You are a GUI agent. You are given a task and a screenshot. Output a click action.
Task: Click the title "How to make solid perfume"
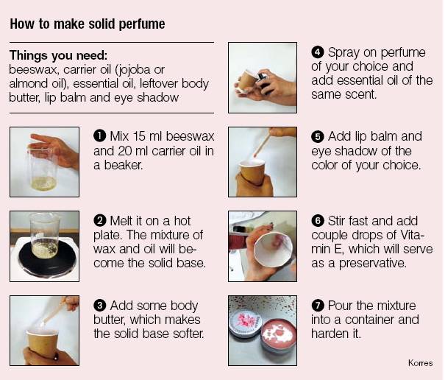click(x=88, y=24)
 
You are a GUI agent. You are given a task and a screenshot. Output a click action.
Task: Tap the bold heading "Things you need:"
click(x=58, y=55)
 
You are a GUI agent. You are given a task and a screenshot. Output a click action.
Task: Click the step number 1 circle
click(x=99, y=136)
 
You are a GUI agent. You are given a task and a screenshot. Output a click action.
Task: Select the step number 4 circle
click(x=318, y=52)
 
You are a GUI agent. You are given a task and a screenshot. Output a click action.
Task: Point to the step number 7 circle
click(x=318, y=306)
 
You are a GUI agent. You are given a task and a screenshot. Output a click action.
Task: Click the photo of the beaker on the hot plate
click(x=45, y=246)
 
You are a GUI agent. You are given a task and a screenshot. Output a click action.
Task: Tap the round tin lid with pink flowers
click(x=245, y=322)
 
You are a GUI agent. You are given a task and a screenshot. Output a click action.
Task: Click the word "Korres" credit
click(x=421, y=363)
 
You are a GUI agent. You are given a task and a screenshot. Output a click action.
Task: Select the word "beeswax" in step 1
click(x=191, y=136)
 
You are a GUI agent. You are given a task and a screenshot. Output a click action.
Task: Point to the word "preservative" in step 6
click(x=373, y=264)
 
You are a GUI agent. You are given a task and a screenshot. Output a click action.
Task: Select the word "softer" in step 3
click(x=188, y=334)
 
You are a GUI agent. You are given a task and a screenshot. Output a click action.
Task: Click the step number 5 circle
click(x=318, y=136)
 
